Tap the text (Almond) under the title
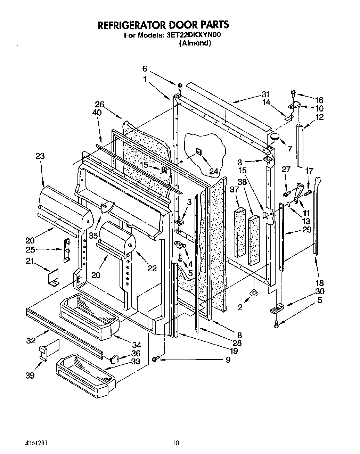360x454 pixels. [x=195, y=43]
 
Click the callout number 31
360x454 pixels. [x=265, y=94]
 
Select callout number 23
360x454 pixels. [x=40, y=156]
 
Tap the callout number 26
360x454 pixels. [x=99, y=104]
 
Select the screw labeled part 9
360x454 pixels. [x=155, y=359]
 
